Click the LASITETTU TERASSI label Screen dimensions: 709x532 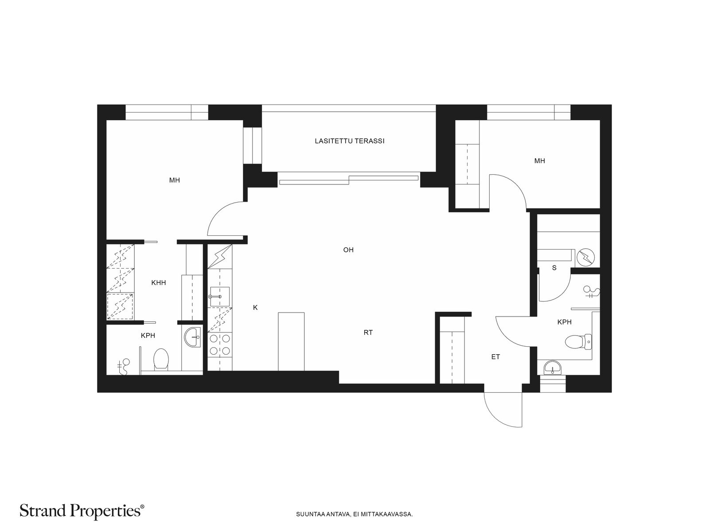tap(350, 141)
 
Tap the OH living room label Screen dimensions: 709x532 tap(348, 250)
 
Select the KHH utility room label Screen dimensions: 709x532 tap(158, 283)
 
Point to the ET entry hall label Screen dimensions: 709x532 tap(495, 357)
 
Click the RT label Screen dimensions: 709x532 tap(368, 332)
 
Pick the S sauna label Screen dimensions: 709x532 tap(554, 268)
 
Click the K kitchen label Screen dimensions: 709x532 tap(255, 308)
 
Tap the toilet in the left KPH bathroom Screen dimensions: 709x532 tap(161, 359)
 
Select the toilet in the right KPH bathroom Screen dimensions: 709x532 tap(579, 342)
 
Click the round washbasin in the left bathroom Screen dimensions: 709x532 tap(192, 337)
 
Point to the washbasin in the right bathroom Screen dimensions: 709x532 tap(553, 368)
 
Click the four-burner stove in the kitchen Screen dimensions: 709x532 tap(220, 344)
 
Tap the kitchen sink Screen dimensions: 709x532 tap(219, 296)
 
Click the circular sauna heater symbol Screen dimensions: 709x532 tap(586, 257)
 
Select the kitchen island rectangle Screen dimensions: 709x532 tap(291, 341)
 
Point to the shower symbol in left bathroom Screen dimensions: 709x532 tap(123, 367)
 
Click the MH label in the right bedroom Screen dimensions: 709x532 tap(539, 161)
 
